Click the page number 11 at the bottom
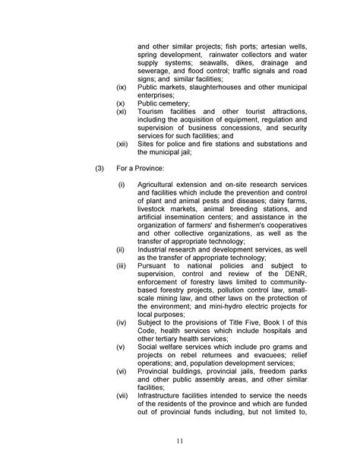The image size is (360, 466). (x=180, y=441)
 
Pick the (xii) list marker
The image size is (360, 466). (x=122, y=144)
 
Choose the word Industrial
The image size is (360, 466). (x=155, y=249)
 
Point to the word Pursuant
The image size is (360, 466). (x=154, y=265)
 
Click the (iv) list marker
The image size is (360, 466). (x=121, y=321)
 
